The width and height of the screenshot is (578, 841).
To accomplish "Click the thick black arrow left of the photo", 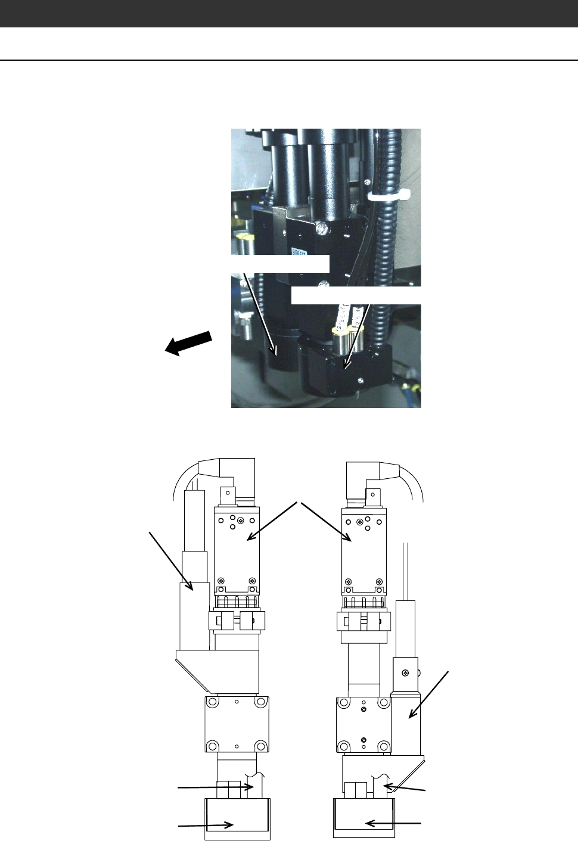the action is pos(188,344).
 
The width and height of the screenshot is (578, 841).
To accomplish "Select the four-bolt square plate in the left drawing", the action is pos(237,725).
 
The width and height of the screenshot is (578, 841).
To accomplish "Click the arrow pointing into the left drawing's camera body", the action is pos(271,522).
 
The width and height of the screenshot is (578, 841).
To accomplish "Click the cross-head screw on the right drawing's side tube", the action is pos(406,674).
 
